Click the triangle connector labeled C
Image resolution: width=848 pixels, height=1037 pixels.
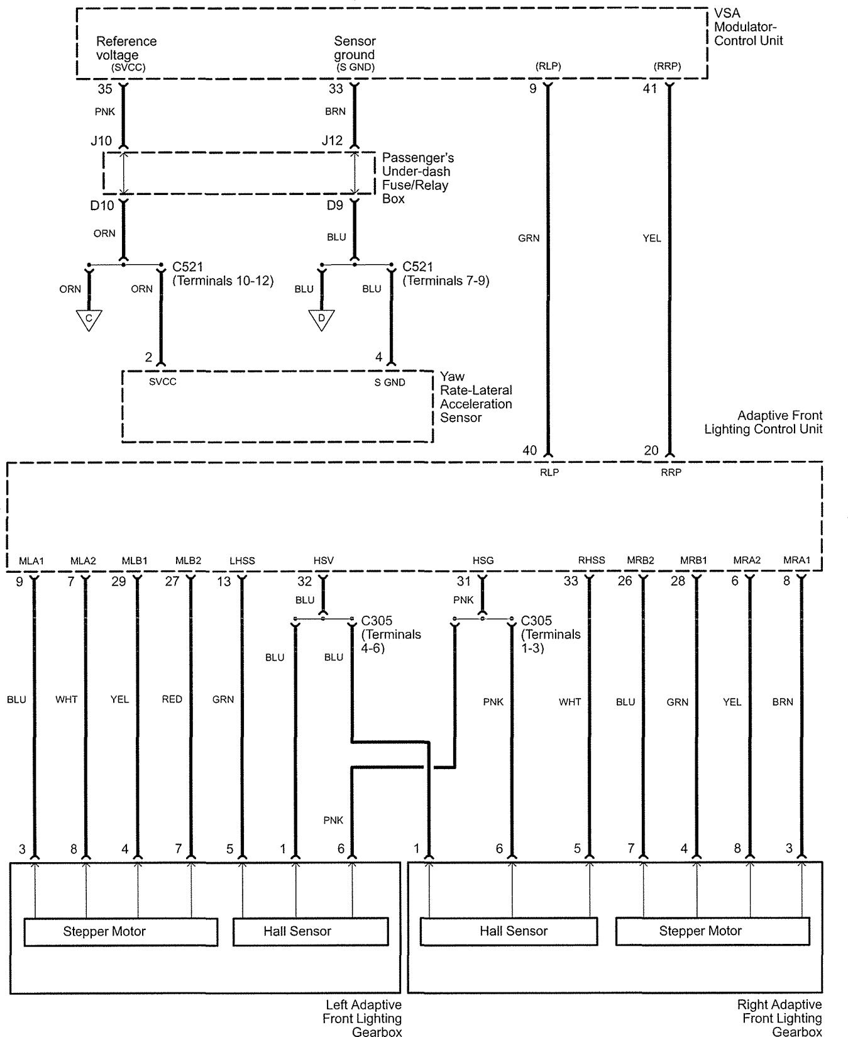tap(89, 319)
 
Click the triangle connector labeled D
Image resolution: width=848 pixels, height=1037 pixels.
tap(321, 319)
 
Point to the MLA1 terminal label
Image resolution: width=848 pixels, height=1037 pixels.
tap(31, 561)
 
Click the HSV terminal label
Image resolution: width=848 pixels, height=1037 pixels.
tap(323, 561)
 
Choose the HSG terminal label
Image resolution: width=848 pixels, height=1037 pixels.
tap(483, 561)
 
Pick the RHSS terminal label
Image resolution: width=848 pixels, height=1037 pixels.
tap(591, 560)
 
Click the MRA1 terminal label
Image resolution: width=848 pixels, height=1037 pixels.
tap(796, 560)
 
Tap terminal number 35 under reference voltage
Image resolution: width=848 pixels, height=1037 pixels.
tap(104, 89)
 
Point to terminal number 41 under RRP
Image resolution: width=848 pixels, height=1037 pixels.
tap(649, 89)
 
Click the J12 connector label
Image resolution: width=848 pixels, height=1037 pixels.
tap(332, 141)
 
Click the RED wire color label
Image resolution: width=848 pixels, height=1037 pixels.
tap(172, 699)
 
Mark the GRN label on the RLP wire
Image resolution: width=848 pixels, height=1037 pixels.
tap(529, 238)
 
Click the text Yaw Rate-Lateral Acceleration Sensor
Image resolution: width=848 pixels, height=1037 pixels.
tap(475, 397)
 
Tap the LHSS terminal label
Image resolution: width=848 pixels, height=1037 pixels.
tap(242, 561)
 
